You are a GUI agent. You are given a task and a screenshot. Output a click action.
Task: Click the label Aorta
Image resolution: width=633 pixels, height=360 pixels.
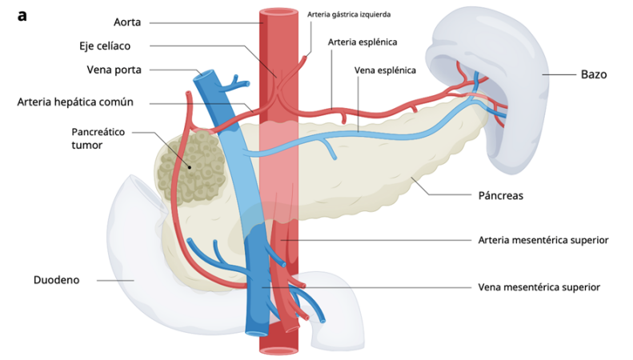(127, 22)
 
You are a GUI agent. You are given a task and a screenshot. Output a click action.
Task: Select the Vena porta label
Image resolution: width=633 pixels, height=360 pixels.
(114, 70)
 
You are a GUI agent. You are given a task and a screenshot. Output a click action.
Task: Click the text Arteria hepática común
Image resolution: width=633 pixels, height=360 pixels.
(75, 102)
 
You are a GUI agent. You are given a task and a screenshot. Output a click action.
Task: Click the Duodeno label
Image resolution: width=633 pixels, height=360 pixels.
(56, 280)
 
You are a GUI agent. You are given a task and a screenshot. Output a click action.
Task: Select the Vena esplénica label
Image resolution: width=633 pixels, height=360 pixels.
(385, 70)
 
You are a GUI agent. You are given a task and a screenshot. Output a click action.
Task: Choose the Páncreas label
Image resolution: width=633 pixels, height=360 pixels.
(500, 194)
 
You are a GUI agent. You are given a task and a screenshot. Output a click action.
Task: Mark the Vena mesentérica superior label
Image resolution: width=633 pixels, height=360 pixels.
(539, 286)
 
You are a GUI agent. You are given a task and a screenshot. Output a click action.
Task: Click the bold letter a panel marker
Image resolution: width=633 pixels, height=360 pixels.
(22, 14)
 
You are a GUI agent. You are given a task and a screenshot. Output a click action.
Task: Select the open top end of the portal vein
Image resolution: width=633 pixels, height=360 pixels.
(206, 78)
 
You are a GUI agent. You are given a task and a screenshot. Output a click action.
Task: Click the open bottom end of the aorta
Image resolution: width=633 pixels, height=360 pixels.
(279, 350)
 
